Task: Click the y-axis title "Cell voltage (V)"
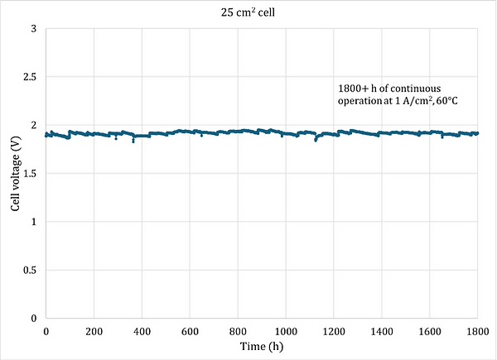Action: pyautogui.click(x=15, y=173)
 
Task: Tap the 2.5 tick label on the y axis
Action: pyautogui.click(x=32, y=77)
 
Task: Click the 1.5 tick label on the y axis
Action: pyautogui.click(x=32, y=174)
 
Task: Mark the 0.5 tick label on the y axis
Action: pyautogui.click(x=32, y=270)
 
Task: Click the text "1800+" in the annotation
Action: pyautogui.click(x=352, y=88)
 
